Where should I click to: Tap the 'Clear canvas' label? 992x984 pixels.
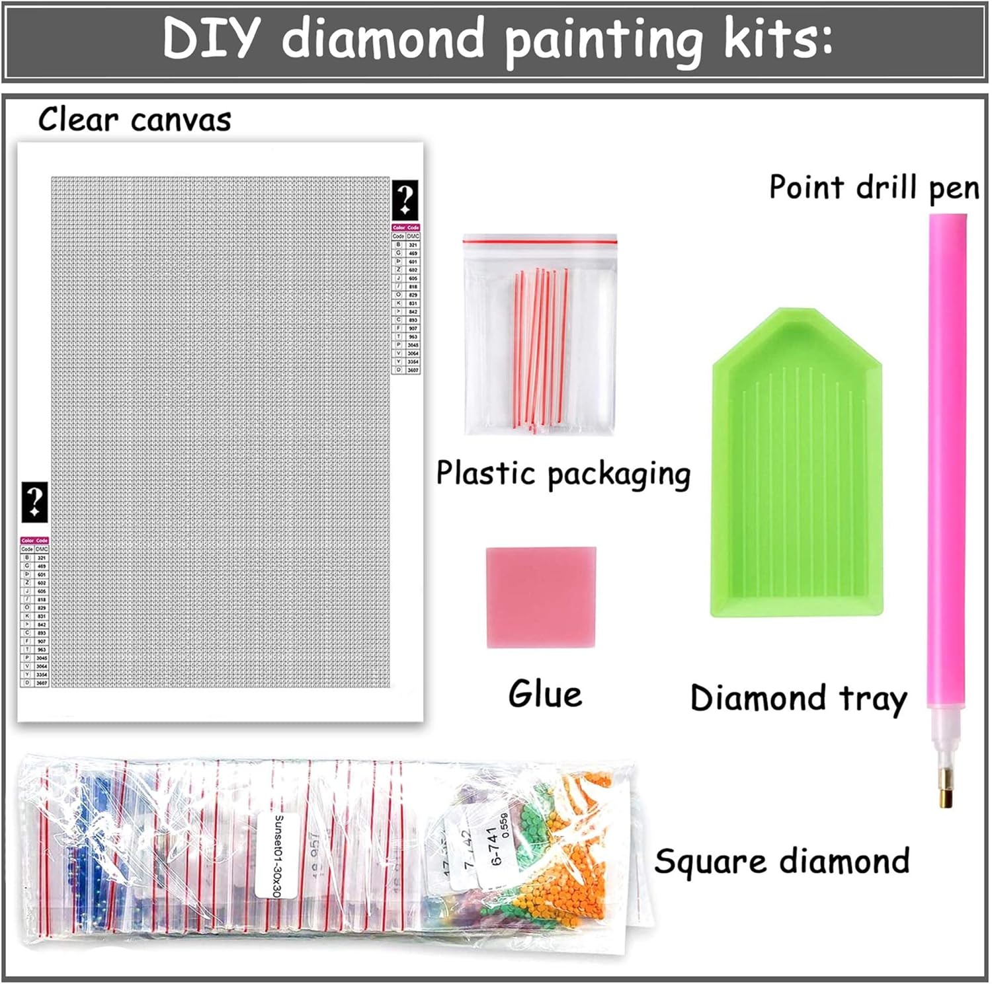click(134, 120)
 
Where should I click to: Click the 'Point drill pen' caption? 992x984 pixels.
click(874, 188)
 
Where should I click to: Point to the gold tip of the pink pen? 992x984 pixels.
click(945, 789)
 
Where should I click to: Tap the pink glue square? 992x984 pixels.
click(541, 597)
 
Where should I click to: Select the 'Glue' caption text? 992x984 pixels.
click(545, 694)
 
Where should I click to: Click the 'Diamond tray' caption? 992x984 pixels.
click(798, 699)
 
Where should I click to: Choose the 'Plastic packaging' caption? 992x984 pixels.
click(563, 474)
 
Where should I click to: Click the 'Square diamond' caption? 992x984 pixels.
click(782, 862)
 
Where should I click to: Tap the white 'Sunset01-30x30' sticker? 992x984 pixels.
click(277, 856)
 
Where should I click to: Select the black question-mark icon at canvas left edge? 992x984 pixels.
click(34, 502)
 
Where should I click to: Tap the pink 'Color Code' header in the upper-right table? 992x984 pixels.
click(406, 227)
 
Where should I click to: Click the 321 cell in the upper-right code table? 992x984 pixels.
click(413, 245)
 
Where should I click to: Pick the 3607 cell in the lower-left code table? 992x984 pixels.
click(42, 683)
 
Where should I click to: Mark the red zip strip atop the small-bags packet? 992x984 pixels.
click(540, 243)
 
